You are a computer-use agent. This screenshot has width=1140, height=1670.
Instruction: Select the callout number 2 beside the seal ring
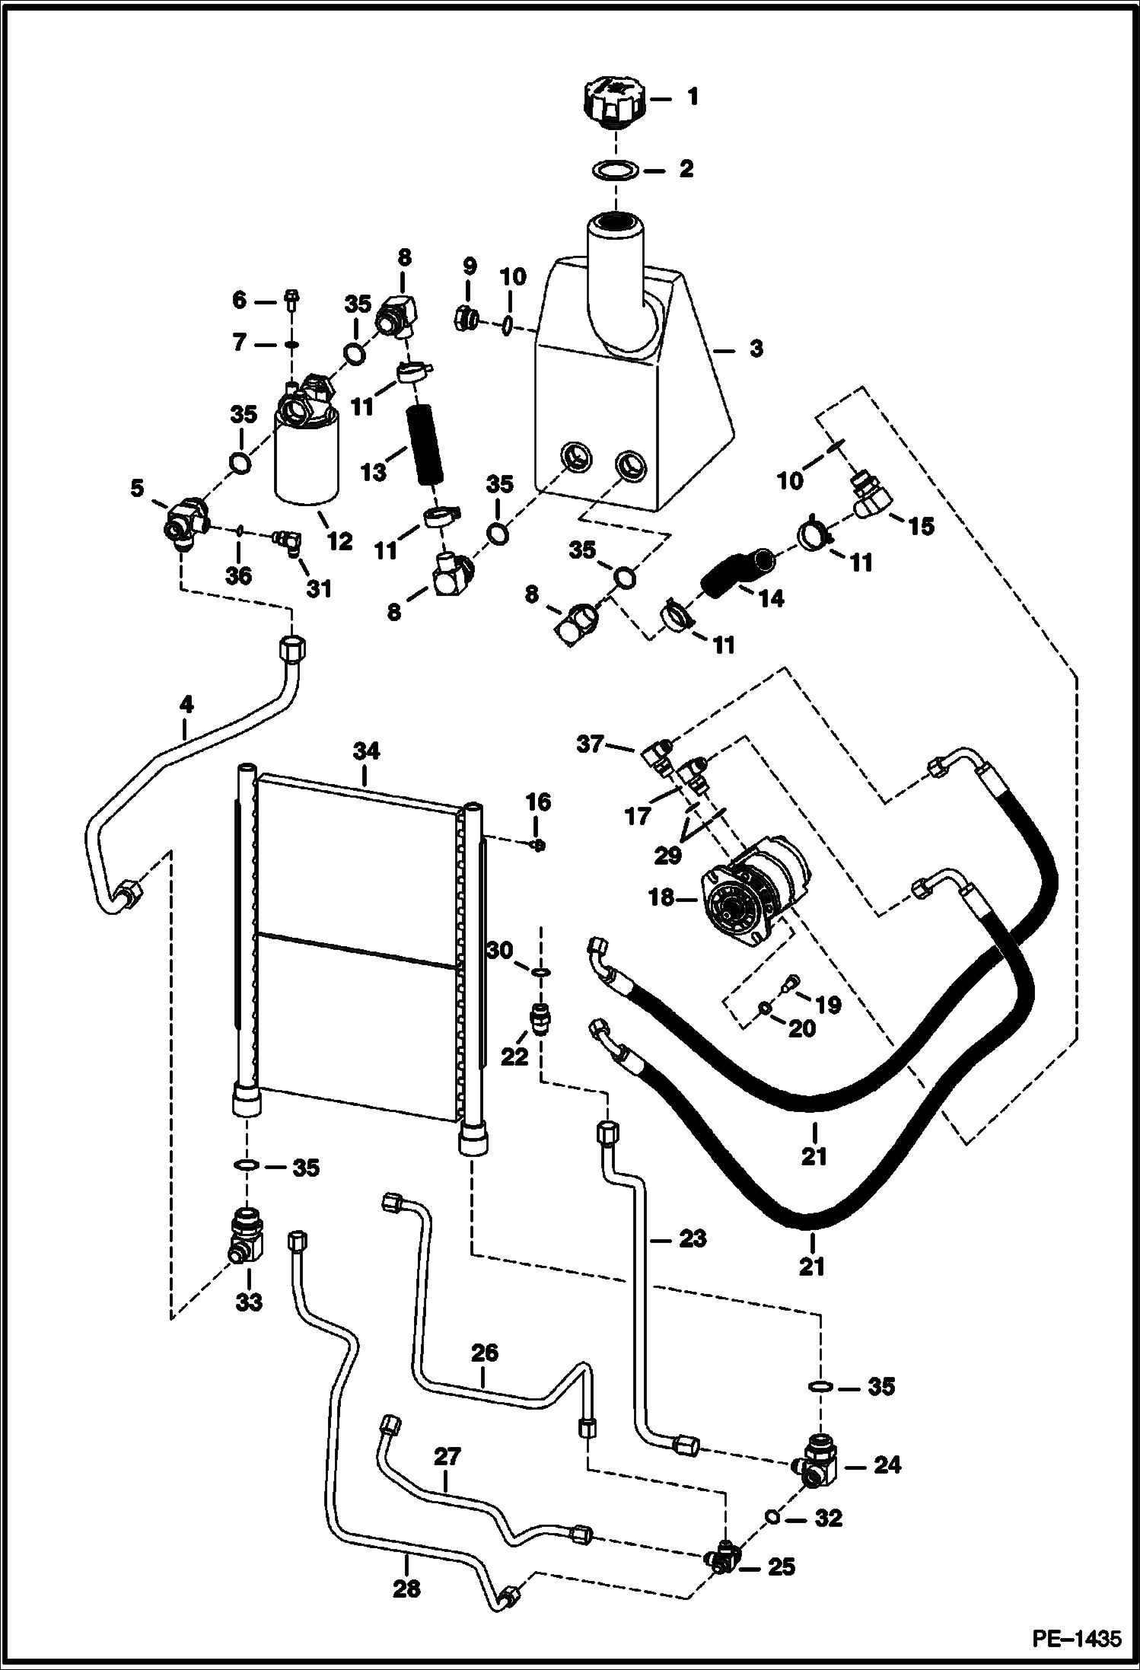click(686, 169)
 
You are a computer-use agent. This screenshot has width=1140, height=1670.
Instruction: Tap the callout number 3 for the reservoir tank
click(755, 349)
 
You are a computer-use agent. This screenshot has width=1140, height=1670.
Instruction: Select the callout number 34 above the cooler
click(365, 752)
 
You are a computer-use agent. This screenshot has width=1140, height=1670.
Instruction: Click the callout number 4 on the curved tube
click(186, 705)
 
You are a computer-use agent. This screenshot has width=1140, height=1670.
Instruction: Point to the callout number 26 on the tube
click(484, 1353)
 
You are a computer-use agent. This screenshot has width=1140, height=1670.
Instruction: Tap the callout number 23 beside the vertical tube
click(692, 1238)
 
